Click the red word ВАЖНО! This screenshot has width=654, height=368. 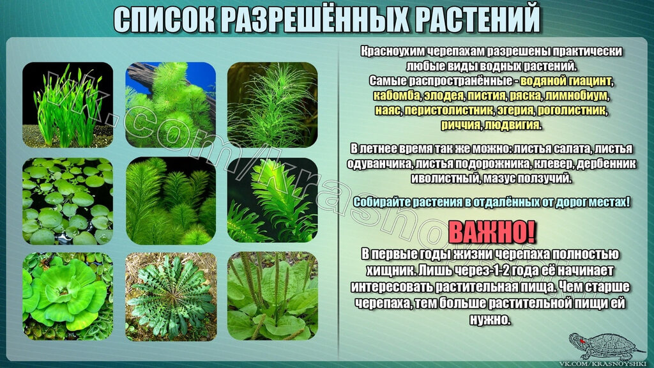click(x=491, y=232)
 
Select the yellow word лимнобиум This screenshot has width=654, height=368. click(x=576, y=96)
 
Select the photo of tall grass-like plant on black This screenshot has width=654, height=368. click(x=68, y=105)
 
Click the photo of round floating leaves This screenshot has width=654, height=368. click(x=68, y=201)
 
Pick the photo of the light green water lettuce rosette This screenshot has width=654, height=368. click(x=68, y=296)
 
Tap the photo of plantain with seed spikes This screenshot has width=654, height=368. click(x=272, y=296)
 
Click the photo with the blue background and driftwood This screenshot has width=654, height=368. click(x=171, y=105)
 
